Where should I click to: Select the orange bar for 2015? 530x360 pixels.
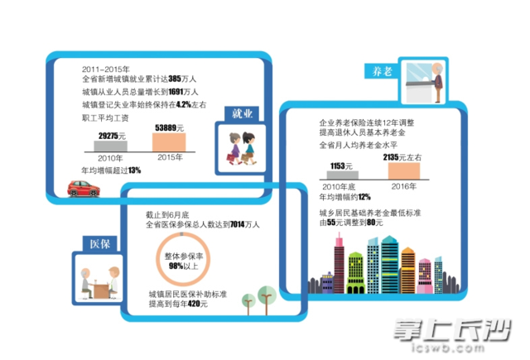(x=176, y=143)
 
